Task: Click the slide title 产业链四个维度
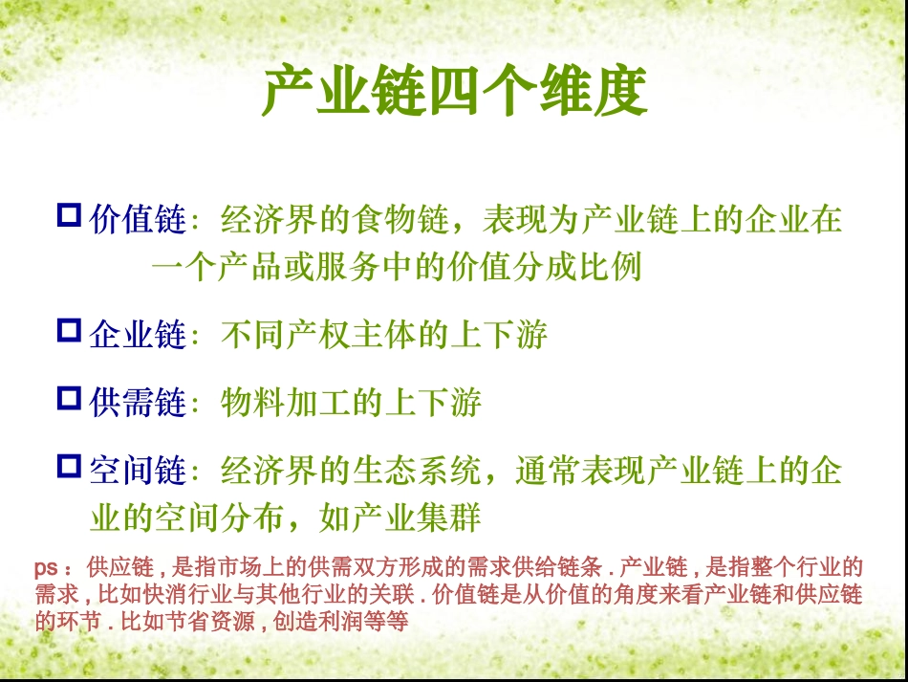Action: (454, 93)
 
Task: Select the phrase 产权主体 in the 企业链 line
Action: (352, 336)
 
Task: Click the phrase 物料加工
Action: (286, 403)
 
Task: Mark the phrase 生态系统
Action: (418, 471)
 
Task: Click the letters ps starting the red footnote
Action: (46, 567)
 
